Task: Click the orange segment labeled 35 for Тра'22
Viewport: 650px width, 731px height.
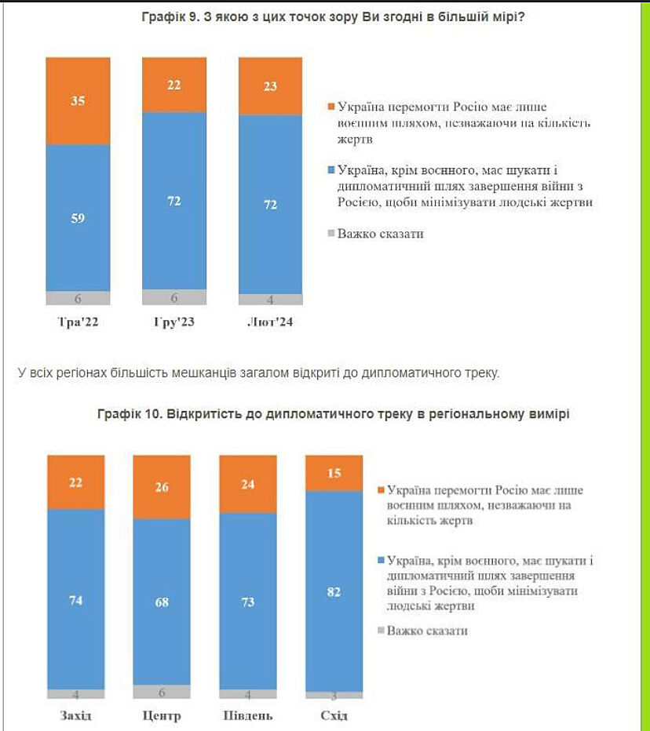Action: pyautogui.click(x=78, y=100)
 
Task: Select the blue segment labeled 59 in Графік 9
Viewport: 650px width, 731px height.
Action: pyautogui.click(x=78, y=217)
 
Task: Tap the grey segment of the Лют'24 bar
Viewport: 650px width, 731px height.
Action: pyautogui.click(x=270, y=299)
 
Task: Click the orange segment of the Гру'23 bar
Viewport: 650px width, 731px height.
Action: pyautogui.click(x=173, y=85)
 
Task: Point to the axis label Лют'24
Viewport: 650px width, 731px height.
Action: pyautogui.click(x=269, y=322)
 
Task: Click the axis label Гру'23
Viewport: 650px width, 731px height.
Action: pyautogui.click(x=173, y=322)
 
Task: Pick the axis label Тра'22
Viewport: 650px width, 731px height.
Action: pyautogui.click(x=78, y=322)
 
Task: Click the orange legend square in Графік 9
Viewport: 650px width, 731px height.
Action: pyautogui.click(x=330, y=107)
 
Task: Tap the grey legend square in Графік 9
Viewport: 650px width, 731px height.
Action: pyautogui.click(x=330, y=233)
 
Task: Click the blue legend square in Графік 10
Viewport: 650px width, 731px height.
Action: pyautogui.click(x=382, y=561)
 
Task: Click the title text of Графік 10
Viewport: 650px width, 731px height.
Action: pyautogui.click(x=334, y=413)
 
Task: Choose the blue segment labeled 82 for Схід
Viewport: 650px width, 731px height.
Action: pyautogui.click(x=334, y=591)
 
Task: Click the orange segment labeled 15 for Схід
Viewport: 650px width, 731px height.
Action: pyautogui.click(x=334, y=472)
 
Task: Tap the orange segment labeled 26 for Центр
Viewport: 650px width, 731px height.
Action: pyautogui.click(x=162, y=486)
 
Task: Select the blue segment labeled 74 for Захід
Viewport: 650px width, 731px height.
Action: pyautogui.click(x=76, y=599)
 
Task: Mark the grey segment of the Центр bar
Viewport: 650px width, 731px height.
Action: pyautogui.click(x=162, y=691)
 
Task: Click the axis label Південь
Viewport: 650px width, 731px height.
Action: pyautogui.click(x=248, y=715)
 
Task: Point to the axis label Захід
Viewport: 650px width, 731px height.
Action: pyautogui.click(x=76, y=715)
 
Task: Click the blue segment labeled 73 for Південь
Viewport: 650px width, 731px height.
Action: pyautogui.click(x=248, y=601)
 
